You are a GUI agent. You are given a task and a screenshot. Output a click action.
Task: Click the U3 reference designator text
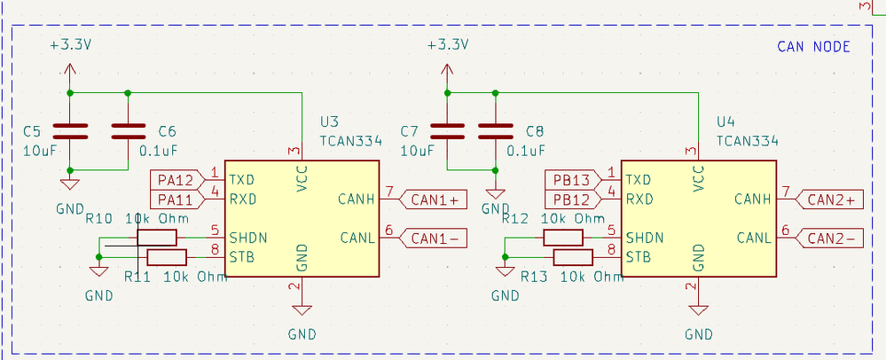[x=329, y=121]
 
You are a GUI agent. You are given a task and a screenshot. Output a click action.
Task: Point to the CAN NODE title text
[x=813, y=47]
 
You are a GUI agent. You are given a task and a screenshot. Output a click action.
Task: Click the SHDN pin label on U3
[x=248, y=238]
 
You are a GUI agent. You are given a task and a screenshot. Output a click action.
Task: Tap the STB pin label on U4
[x=639, y=257]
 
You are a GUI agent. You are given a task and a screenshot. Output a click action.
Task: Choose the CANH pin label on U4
[x=753, y=200]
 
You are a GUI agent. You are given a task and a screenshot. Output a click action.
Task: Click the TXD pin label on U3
[x=242, y=179]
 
